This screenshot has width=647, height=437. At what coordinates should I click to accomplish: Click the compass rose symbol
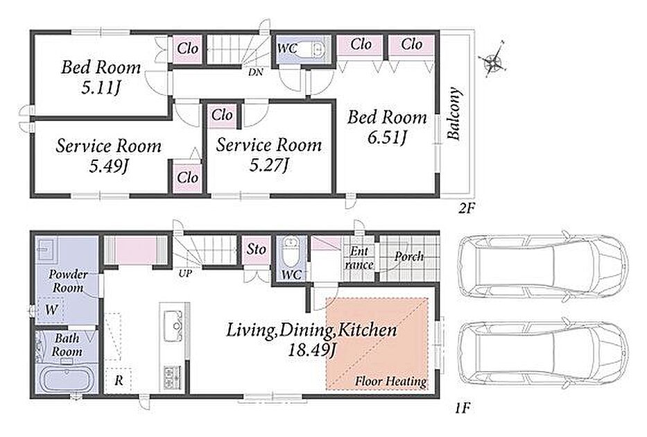pos(494,60)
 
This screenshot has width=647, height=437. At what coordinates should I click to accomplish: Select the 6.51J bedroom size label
pos(388,137)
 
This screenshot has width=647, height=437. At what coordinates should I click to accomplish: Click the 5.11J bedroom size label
pos(101,87)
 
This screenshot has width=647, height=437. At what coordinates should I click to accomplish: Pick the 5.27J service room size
pos(268,165)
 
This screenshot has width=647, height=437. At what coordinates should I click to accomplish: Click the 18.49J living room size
pos(312,350)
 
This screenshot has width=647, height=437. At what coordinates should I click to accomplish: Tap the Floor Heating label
pos(390,381)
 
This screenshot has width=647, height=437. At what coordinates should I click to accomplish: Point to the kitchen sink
pos(173,326)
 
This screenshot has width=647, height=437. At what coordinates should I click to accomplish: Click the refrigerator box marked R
pos(119,380)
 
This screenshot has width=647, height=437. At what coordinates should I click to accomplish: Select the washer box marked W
pos(51,309)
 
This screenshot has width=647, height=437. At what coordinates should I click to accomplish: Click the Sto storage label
pos(257,249)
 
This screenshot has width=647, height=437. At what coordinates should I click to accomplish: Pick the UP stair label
pos(185,273)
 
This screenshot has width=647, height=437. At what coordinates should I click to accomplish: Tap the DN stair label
pos(256,72)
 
